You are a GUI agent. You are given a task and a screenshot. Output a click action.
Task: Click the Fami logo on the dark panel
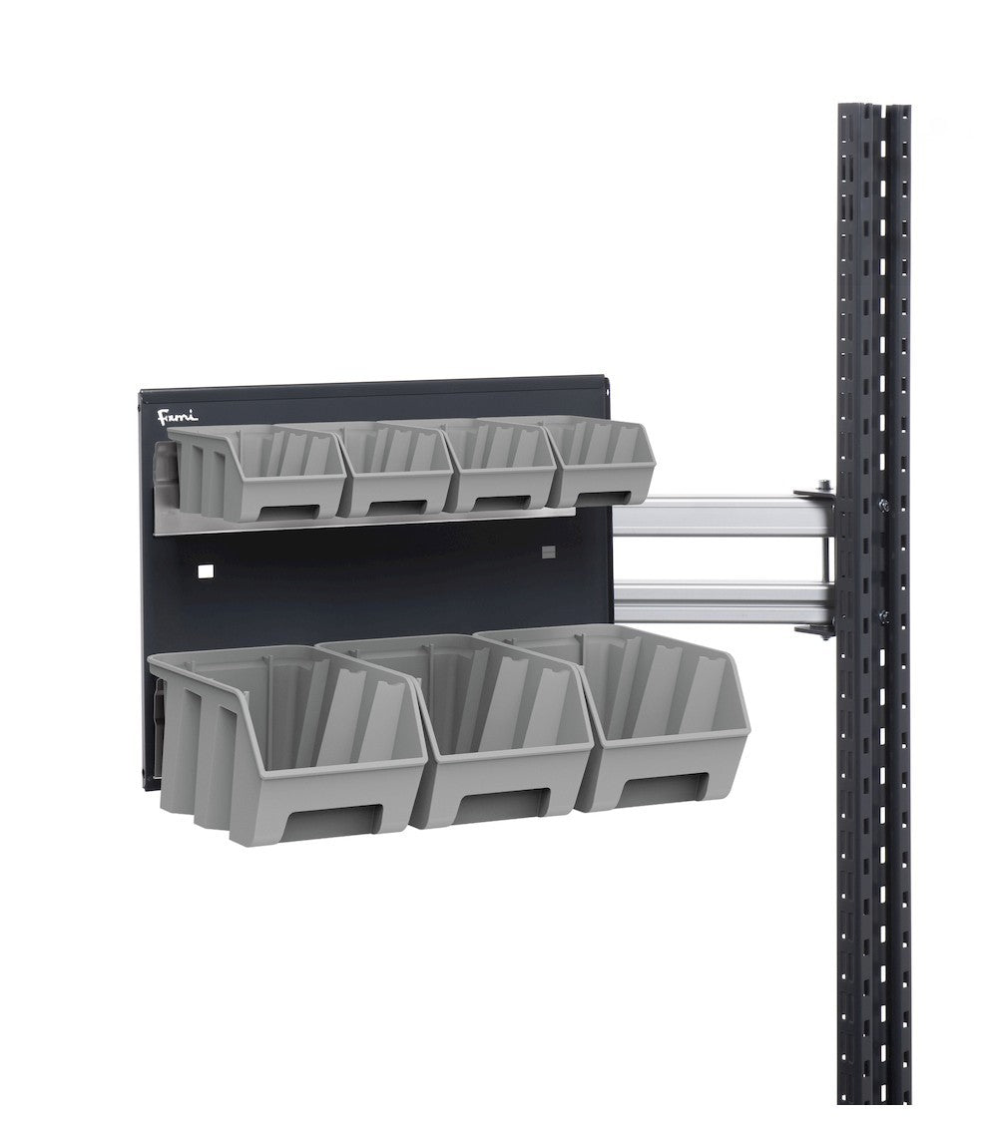(178, 415)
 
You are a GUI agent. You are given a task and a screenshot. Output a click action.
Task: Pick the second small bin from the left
(395, 469)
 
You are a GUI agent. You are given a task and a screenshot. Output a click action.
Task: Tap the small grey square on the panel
(547, 551)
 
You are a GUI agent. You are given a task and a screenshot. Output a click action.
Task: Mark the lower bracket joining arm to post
(818, 624)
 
